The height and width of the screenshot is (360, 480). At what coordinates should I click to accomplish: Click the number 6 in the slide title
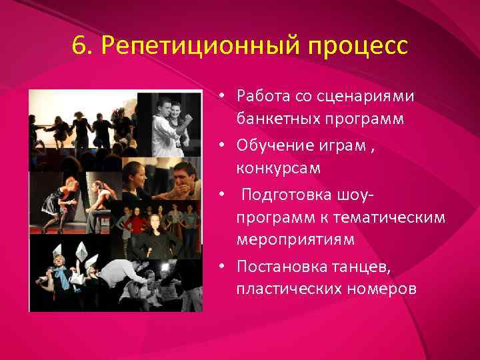point(79,47)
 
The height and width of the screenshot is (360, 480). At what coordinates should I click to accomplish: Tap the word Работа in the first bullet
point(261,96)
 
